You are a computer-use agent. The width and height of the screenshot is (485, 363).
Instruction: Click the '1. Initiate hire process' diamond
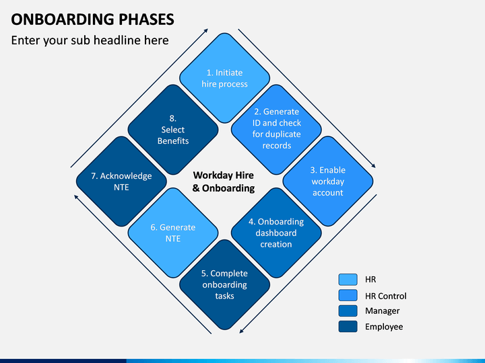[x=224, y=78]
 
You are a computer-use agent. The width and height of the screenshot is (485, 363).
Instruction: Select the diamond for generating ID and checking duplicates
[x=276, y=130]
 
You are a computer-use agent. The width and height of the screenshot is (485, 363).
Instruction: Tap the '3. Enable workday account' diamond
[x=328, y=182]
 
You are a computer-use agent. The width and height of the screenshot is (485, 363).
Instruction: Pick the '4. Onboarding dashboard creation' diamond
[x=276, y=233]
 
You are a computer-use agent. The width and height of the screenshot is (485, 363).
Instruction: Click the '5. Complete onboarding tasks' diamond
[x=224, y=284]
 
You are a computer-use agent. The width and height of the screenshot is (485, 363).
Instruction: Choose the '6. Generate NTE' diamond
[x=173, y=233]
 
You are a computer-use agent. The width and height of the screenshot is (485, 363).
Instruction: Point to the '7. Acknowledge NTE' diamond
[x=121, y=182]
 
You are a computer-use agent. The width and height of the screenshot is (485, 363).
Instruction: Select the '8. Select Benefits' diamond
[x=173, y=130]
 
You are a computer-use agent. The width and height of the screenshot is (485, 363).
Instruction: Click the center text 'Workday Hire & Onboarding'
[x=224, y=182]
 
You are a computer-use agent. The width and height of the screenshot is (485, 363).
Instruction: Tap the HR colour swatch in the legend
[x=348, y=280]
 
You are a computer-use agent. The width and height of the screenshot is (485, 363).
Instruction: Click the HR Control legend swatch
[x=348, y=295]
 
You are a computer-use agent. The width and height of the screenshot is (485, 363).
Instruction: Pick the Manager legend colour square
[x=348, y=311]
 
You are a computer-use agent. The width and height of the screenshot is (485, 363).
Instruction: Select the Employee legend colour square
[x=348, y=327]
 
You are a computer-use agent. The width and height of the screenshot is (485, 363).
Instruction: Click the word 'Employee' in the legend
[x=384, y=327]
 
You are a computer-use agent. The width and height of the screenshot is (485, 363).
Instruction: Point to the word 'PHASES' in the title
[x=146, y=19]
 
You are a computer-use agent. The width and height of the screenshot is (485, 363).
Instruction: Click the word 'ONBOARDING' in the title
[x=63, y=19]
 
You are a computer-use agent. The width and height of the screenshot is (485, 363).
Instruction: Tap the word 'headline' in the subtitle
[x=117, y=40]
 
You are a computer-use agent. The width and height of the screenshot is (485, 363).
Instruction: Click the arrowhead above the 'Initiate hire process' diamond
[x=206, y=30]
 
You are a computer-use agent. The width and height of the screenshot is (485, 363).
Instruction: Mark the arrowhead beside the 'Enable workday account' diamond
[x=374, y=166]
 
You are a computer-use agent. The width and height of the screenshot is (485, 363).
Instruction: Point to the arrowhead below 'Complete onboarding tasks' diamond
[x=242, y=331]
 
